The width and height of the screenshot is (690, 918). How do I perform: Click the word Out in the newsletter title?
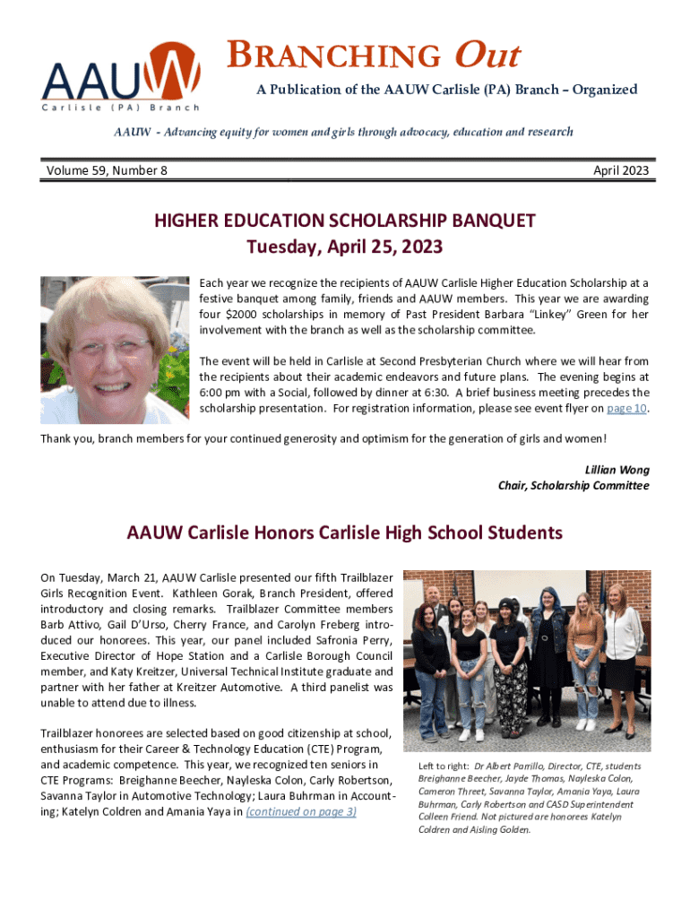[x=487, y=56]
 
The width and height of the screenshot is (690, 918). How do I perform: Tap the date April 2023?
[x=621, y=170]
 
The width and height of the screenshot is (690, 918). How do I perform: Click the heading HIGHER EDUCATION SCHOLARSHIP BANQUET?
[x=345, y=221]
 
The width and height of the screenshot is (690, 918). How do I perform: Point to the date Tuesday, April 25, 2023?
[x=345, y=246]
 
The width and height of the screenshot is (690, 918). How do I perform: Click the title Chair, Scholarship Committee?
[x=574, y=486]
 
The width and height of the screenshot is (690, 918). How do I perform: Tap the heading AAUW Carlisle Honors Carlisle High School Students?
[x=345, y=533]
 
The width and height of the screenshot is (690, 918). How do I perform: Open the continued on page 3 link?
[x=301, y=812]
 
